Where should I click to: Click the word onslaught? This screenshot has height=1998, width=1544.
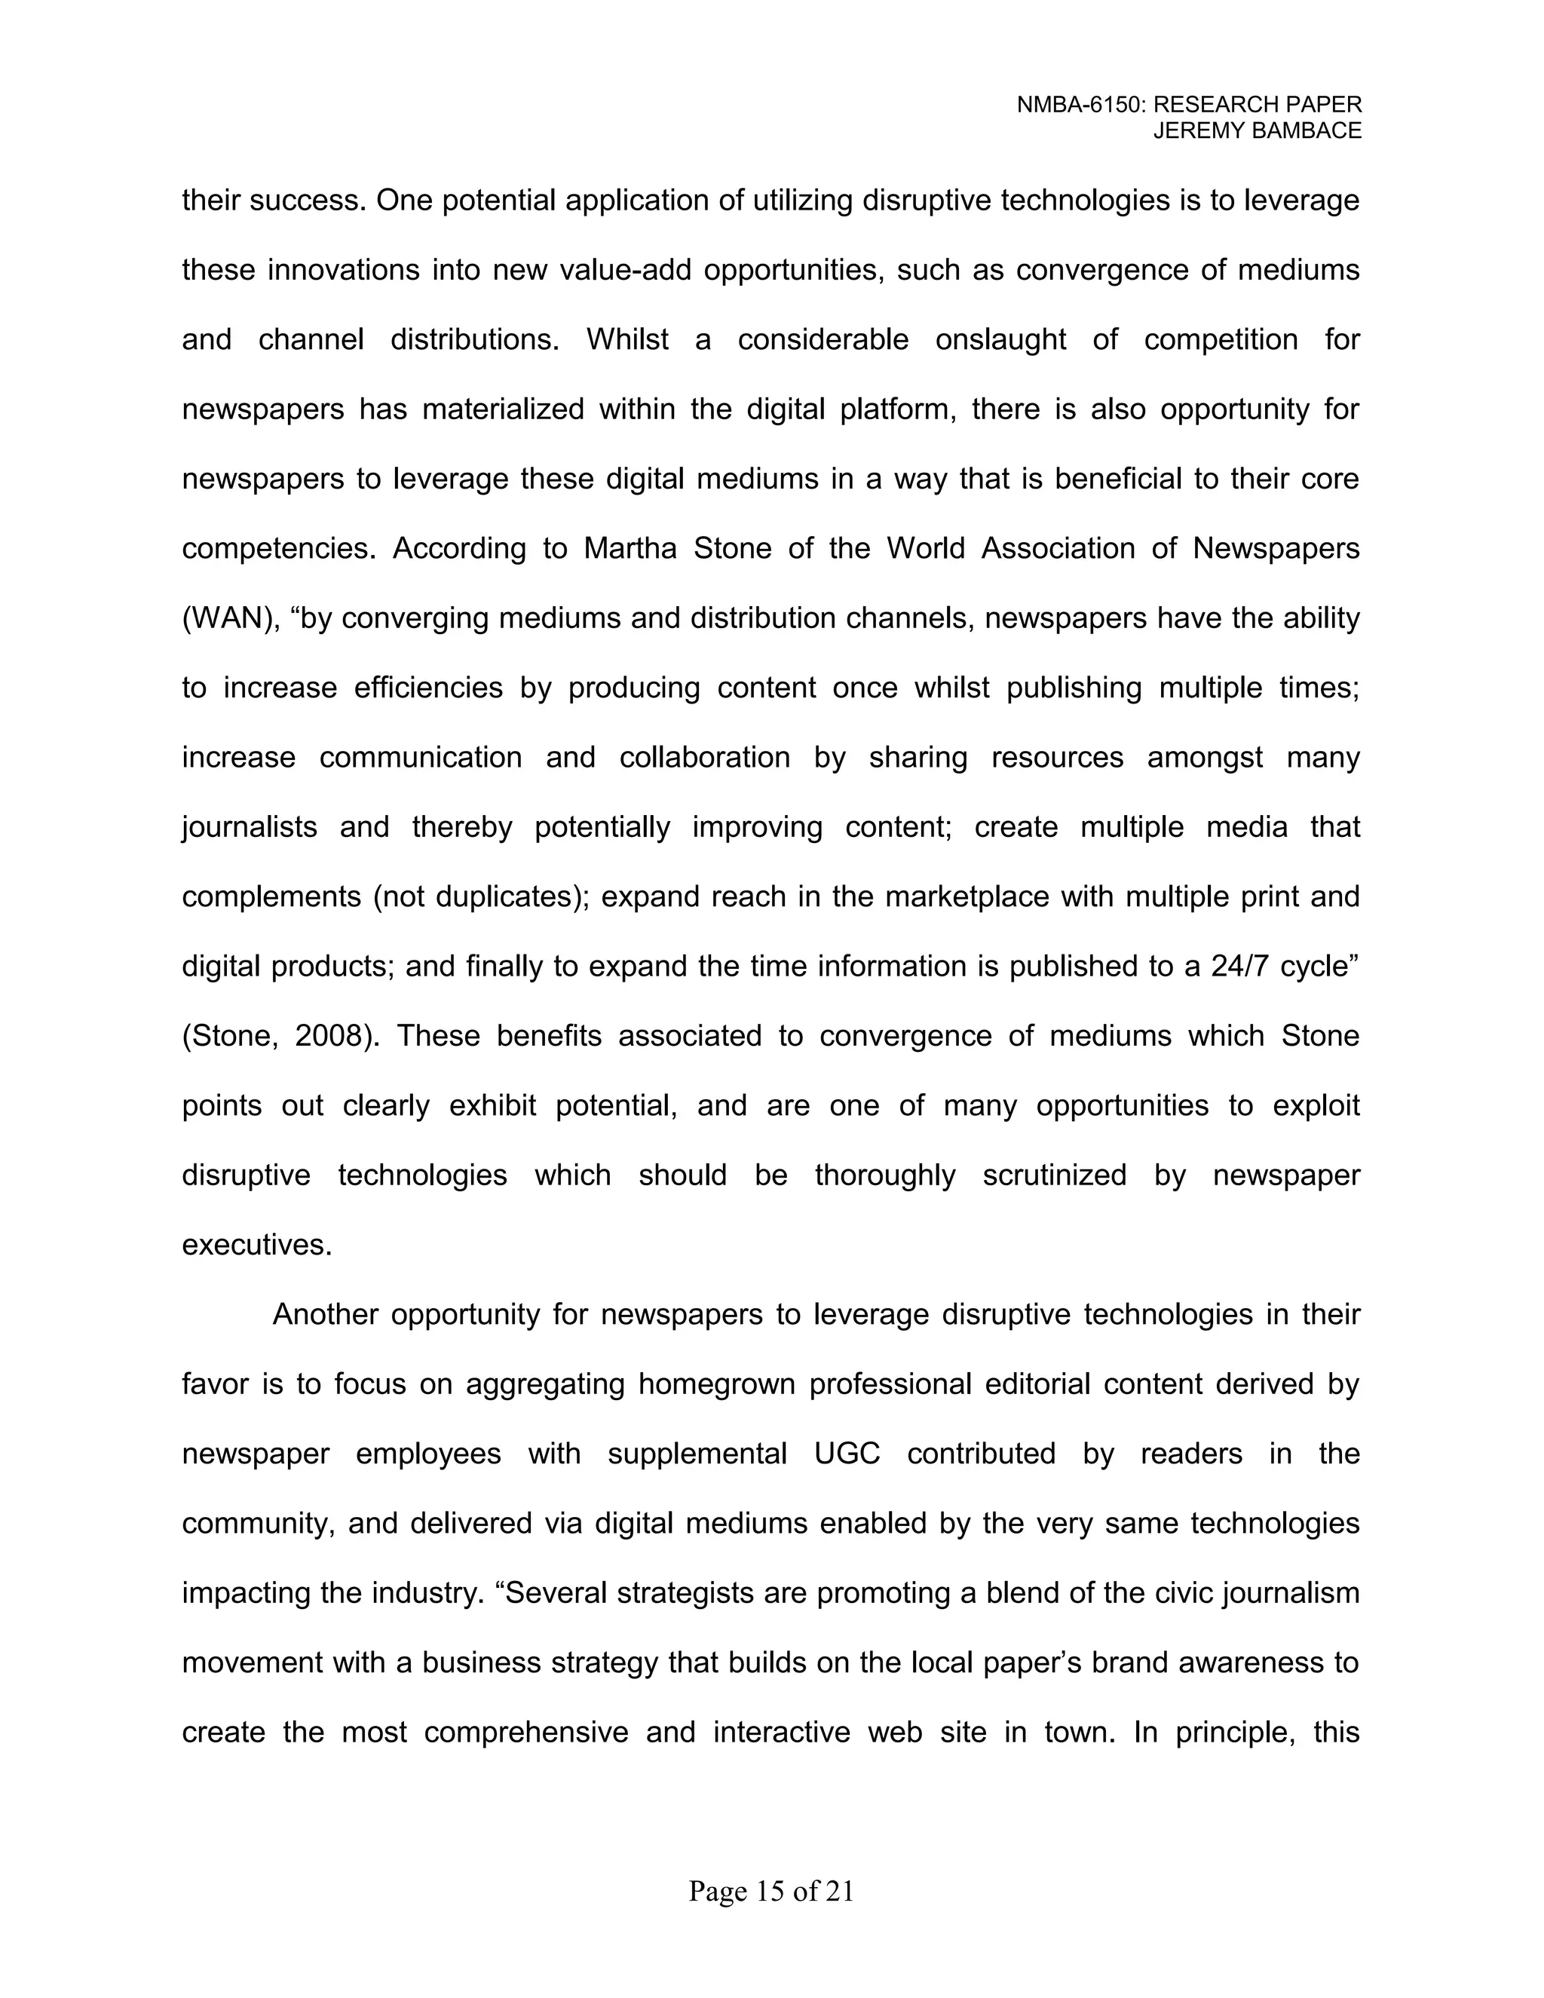(1000, 339)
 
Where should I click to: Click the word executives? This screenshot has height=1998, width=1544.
(256, 1245)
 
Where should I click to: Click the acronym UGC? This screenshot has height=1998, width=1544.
(847, 1454)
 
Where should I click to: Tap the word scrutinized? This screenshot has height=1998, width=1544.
(1055, 1175)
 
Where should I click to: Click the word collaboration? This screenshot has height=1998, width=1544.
(704, 758)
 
